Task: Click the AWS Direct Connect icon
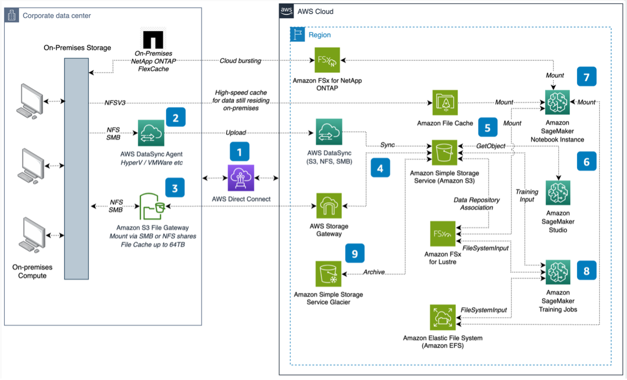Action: [241, 178]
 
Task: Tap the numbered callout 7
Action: [587, 77]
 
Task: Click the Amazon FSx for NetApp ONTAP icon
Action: [327, 60]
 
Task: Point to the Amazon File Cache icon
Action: [445, 103]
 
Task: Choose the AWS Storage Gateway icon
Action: [329, 206]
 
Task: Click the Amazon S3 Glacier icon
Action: [328, 274]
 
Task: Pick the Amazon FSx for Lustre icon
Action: [443, 234]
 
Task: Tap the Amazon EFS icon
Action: [443, 317]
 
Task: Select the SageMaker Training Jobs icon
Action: [558, 272]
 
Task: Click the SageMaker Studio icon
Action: [558, 193]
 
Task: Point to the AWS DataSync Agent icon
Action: [151, 133]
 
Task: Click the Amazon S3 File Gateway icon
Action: [152, 206]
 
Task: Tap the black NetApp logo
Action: [153, 40]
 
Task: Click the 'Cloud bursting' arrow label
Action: [240, 61]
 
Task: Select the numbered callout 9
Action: [355, 254]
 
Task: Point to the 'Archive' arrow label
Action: [374, 272]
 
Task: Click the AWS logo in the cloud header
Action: [287, 11]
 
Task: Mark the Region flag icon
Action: [298, 35]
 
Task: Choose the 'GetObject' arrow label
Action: [491, 146]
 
